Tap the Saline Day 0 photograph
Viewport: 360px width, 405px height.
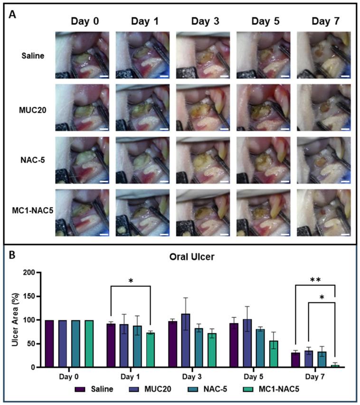point(82,55)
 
